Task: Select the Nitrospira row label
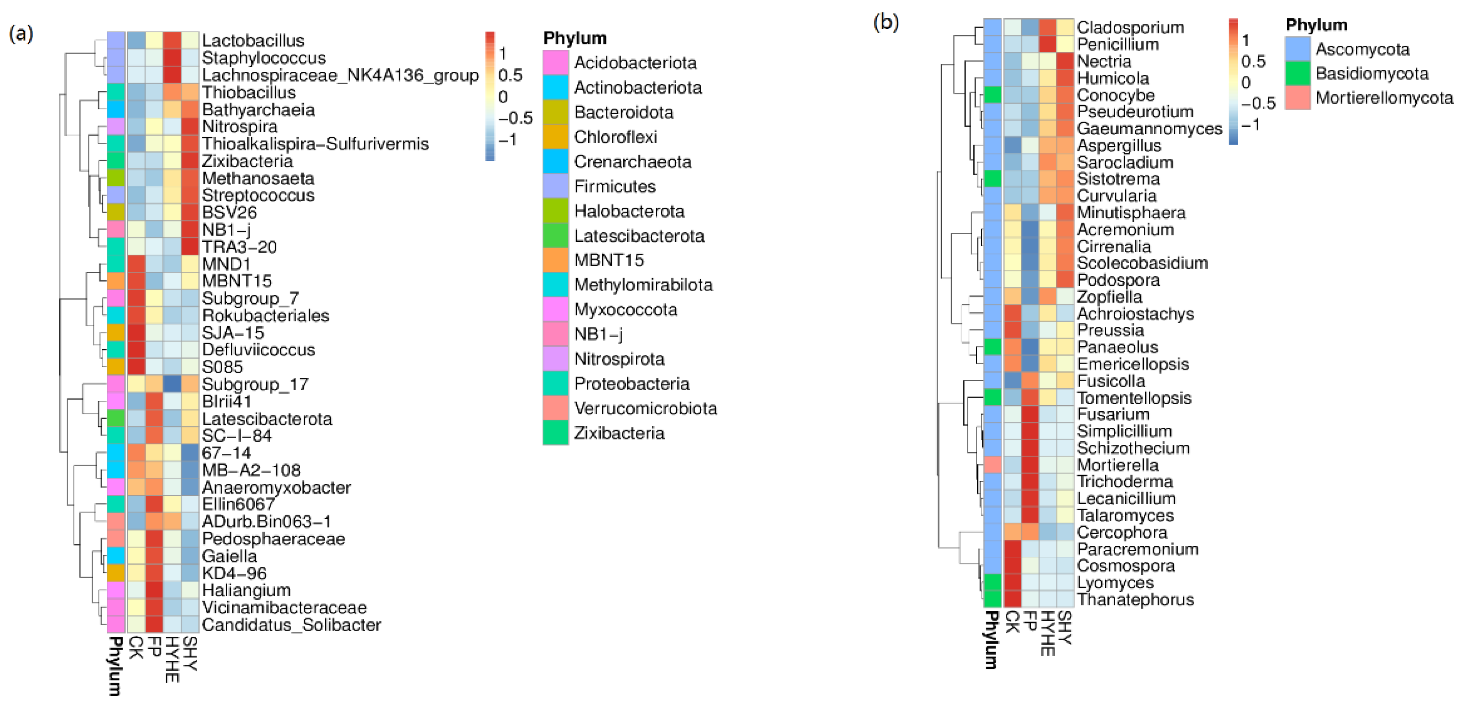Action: (x=240, y=127)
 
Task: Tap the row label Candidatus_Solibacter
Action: (x=291, y=625)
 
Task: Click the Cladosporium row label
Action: (x=1130, y=27)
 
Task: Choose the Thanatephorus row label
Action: (x=1135, y=600)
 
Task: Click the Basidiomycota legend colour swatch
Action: (x=1298, y=74)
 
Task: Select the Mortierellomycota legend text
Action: (x=1384, y=98)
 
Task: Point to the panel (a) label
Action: (x=21, y=34)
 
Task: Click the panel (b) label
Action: (x=886, y=23)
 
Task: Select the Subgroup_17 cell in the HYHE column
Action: (x=172, y=384)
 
